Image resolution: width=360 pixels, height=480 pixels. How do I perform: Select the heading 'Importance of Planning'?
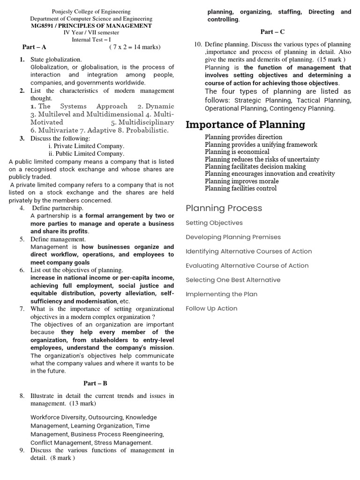coord(245,125)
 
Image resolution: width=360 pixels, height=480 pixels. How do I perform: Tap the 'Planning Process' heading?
coord(224,208)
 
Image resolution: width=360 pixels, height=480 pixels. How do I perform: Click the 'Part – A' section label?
coord(34,47)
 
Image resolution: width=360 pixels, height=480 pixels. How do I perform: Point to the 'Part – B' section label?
coord(95,383)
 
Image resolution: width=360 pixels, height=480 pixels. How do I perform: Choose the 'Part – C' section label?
coord(272,32)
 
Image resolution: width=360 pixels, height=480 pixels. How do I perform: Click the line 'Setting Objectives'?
coord(214,223)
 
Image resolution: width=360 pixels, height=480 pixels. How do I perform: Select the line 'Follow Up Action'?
coord(211,308)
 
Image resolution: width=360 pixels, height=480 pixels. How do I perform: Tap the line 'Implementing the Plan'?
coord(221,294)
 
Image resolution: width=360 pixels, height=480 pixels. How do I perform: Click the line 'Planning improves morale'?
coord(241,181)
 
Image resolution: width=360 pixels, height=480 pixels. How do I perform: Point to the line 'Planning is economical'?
coord(237,152)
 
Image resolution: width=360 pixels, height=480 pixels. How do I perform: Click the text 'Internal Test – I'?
coord(91,40)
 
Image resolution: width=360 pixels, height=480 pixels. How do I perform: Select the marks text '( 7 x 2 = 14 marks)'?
coord(135,47)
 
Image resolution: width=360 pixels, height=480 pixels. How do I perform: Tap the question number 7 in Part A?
coord(22,309)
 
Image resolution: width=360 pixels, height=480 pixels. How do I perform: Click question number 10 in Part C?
coord(198,45)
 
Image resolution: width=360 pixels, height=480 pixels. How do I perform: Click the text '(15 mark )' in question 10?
coord(331,60)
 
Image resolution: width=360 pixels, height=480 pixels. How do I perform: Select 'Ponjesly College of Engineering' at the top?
coord(91,12)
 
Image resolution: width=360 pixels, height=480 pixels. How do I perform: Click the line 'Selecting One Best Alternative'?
coord(233,280)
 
